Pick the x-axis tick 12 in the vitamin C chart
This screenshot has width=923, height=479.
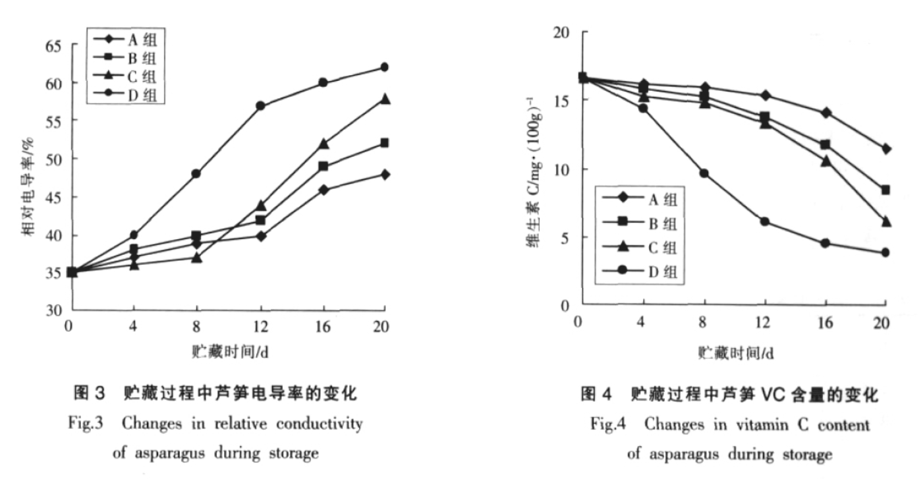pyautogui.click(x=764, y=322)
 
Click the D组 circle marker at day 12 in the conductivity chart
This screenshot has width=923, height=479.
pyautogui.click(x=261, y=105)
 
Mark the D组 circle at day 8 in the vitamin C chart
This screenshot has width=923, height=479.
pyautogui.click(x=704, y=173)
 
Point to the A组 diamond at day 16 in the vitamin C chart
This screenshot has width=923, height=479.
pyautogui.click(x=825, y=113)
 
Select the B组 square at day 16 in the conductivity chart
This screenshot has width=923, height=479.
pyautogui.click(x=323, y=166)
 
